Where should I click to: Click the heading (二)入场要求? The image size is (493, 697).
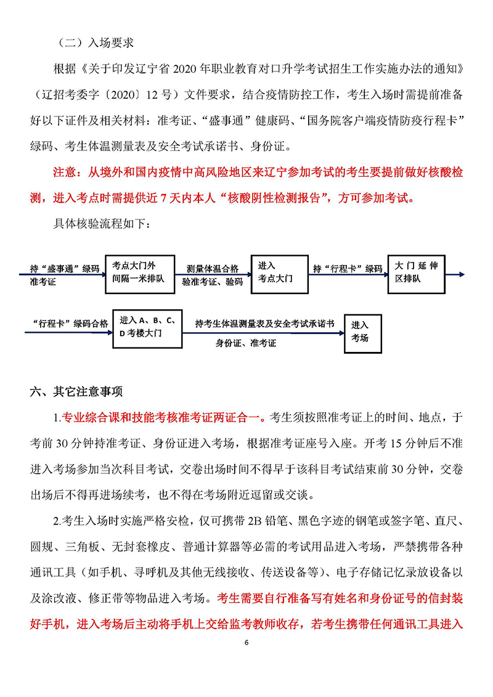coord(95,43)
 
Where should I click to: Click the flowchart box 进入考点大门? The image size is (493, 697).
coord(275,272)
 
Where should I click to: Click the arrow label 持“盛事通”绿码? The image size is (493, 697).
coord(65,269)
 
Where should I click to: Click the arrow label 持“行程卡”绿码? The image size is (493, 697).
coord(348,269)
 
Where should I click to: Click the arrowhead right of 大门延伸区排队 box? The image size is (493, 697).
coord(462,274)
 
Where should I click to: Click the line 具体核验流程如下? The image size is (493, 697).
coord(102,222)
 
